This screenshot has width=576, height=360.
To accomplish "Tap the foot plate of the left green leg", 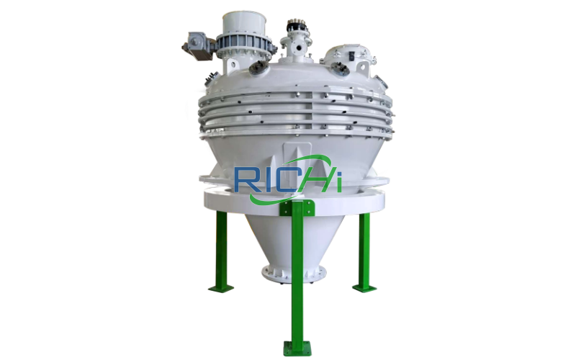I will pos(220,287).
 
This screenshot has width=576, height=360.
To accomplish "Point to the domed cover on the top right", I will pos(346,58).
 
